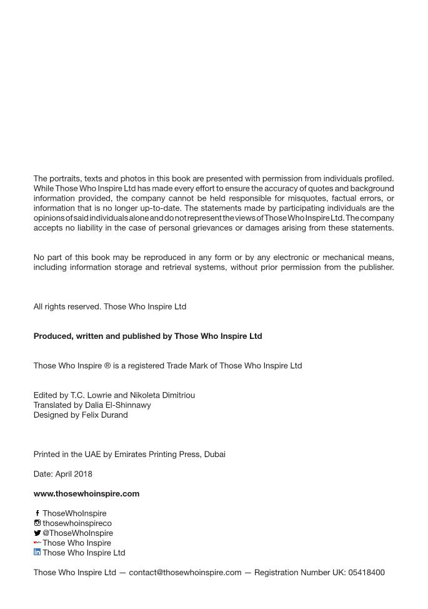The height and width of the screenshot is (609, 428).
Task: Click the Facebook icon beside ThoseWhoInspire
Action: coord(37,513)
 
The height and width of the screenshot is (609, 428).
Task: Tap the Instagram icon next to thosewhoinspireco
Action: coord(37,523)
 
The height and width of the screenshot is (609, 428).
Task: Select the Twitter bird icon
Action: coord(37,533)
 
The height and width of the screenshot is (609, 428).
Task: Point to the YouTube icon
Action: coord(37,543)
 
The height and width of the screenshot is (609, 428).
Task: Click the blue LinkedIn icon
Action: coord(37,552)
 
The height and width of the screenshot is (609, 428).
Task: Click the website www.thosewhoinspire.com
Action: coord(86,493)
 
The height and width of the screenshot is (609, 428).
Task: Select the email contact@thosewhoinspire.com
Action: coord(185,572)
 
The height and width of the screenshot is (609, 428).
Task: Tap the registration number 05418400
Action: coord(366,572)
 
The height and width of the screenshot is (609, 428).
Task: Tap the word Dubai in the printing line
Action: coord(214,454)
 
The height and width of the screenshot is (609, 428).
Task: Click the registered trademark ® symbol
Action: coord(107,366)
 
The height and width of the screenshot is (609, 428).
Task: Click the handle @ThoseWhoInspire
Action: coord(77,533)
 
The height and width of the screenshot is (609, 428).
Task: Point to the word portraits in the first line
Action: coord(67,179)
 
